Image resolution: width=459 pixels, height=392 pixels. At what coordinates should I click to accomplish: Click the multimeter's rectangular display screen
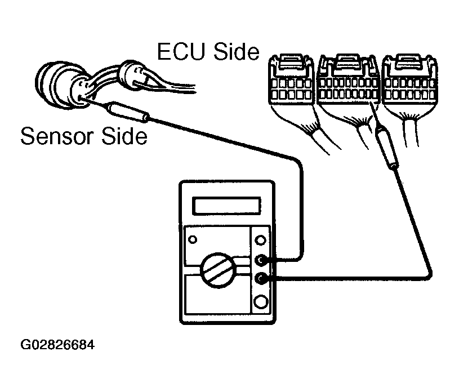pyautogui.click(x=227, y=206)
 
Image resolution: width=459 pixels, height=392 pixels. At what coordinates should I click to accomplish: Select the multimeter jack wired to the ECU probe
pyautogui.click(x=261, y=278)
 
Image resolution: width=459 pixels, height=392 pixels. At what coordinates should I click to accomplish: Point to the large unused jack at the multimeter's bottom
pyautogui.click(x=261, y=301)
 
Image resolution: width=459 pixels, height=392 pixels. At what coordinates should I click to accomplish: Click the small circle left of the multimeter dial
pyautogui.click(x=193, y=240)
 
